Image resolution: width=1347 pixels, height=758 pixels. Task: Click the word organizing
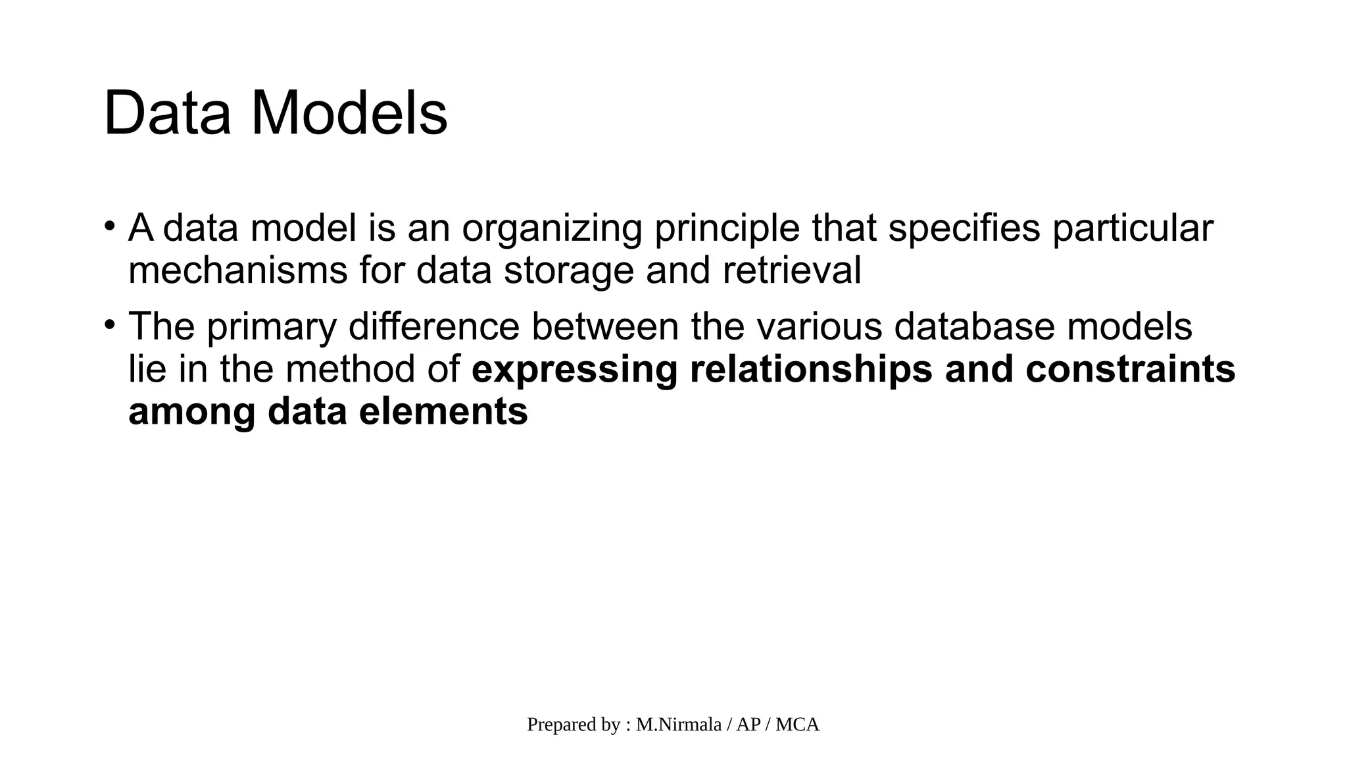551,229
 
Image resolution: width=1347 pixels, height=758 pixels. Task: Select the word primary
272,327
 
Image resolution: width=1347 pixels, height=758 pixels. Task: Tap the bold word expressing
574,370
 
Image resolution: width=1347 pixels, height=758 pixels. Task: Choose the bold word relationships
811,370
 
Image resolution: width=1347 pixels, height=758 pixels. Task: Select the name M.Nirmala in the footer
678,724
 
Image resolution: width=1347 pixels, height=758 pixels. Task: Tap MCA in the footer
797,724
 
